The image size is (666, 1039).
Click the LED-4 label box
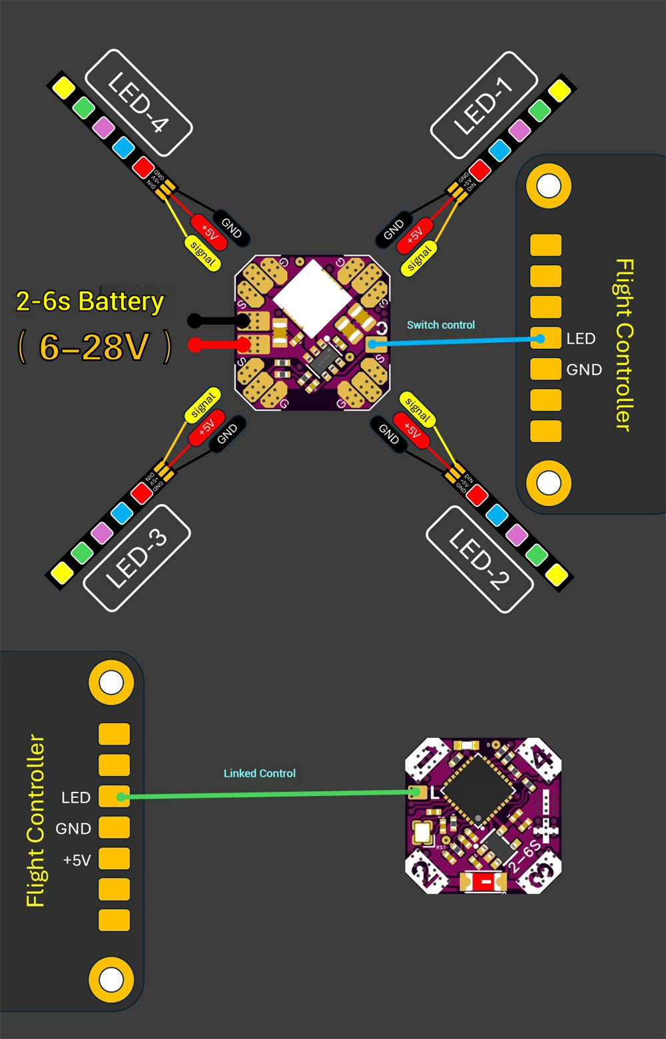[139, 103]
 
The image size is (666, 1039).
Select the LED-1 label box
[484, 105]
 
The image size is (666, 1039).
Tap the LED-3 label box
[137, 558]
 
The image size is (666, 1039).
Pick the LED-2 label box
[480, 559]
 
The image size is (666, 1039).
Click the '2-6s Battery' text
[90, 302]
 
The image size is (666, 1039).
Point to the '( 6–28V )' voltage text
[94, 347]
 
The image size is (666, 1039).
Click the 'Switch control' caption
[441, 325]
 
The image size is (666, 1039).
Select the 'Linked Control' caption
[259, 773]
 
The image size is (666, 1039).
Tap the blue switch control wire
[460, 342]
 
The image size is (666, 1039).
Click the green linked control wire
[266, 794]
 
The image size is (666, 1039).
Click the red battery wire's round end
[195, 344]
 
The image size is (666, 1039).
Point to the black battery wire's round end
[194, 321]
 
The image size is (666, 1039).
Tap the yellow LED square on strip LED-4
[63, 88]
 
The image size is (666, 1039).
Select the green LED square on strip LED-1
[539, 110]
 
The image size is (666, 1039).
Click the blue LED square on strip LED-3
[121, 513]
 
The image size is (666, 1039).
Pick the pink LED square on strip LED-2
[517, 534]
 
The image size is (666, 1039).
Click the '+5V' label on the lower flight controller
[77, 860]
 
